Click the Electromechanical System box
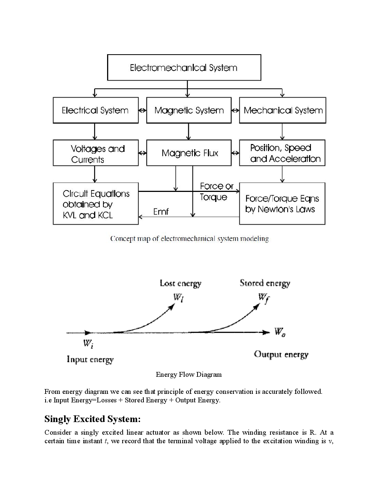pos(184,68)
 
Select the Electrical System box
pos(95,110)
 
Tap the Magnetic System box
pos(189,110)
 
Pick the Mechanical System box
pos(282,110)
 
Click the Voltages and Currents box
pos(95,153)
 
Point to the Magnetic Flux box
pos(189,153)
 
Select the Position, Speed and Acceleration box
pos(282,153)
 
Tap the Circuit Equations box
pos(95,204)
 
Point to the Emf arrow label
pos(161,212)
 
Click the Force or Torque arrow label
pos(216,192)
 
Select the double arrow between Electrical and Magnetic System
pos(142,111)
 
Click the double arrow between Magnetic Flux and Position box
pos(235,153)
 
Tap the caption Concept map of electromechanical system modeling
pos(189,239)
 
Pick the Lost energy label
pos(180,283)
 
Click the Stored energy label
pos(265,283)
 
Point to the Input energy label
pos(90,359)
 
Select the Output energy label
pos(281,355)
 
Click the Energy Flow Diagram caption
pos(189,374)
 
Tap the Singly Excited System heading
pos(93,419)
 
